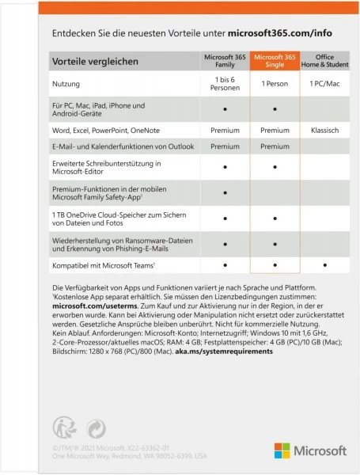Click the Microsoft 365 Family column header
[x=224, y=61]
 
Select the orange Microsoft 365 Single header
[x=274, y=61]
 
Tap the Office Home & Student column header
[x=324, y=61]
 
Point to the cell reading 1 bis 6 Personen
[x=224, y=83]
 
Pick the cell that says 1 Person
[x=274, y=83]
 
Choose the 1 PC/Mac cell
[x=324, y=83]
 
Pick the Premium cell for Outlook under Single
[x=274, y=146]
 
